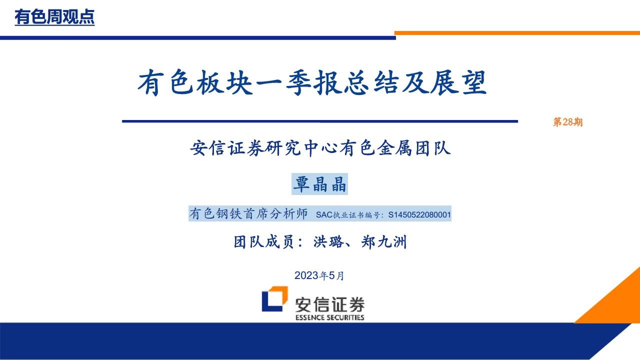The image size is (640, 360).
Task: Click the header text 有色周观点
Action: (54, 17)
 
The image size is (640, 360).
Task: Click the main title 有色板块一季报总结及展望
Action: (312, 83)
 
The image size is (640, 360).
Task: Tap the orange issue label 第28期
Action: (567, 122)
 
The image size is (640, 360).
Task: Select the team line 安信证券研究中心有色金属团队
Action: (320, 148)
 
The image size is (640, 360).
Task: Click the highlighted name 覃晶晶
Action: (319, 184)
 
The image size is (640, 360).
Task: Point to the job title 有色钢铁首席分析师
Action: (248, 213)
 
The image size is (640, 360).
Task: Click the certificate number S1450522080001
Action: (419, 214)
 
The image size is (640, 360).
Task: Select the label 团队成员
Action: (263, 242)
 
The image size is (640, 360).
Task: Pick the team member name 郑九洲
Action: (383, 242)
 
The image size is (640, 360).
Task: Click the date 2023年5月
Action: (319, 275)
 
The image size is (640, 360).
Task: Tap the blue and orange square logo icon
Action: (275, 298)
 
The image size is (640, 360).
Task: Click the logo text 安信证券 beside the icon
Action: (329, 304)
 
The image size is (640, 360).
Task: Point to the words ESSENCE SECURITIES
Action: (329, 317)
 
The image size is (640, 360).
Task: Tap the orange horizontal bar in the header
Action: (517, 33)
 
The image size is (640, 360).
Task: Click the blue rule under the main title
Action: (320, 121)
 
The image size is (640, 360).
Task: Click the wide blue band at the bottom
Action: (314, 341)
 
